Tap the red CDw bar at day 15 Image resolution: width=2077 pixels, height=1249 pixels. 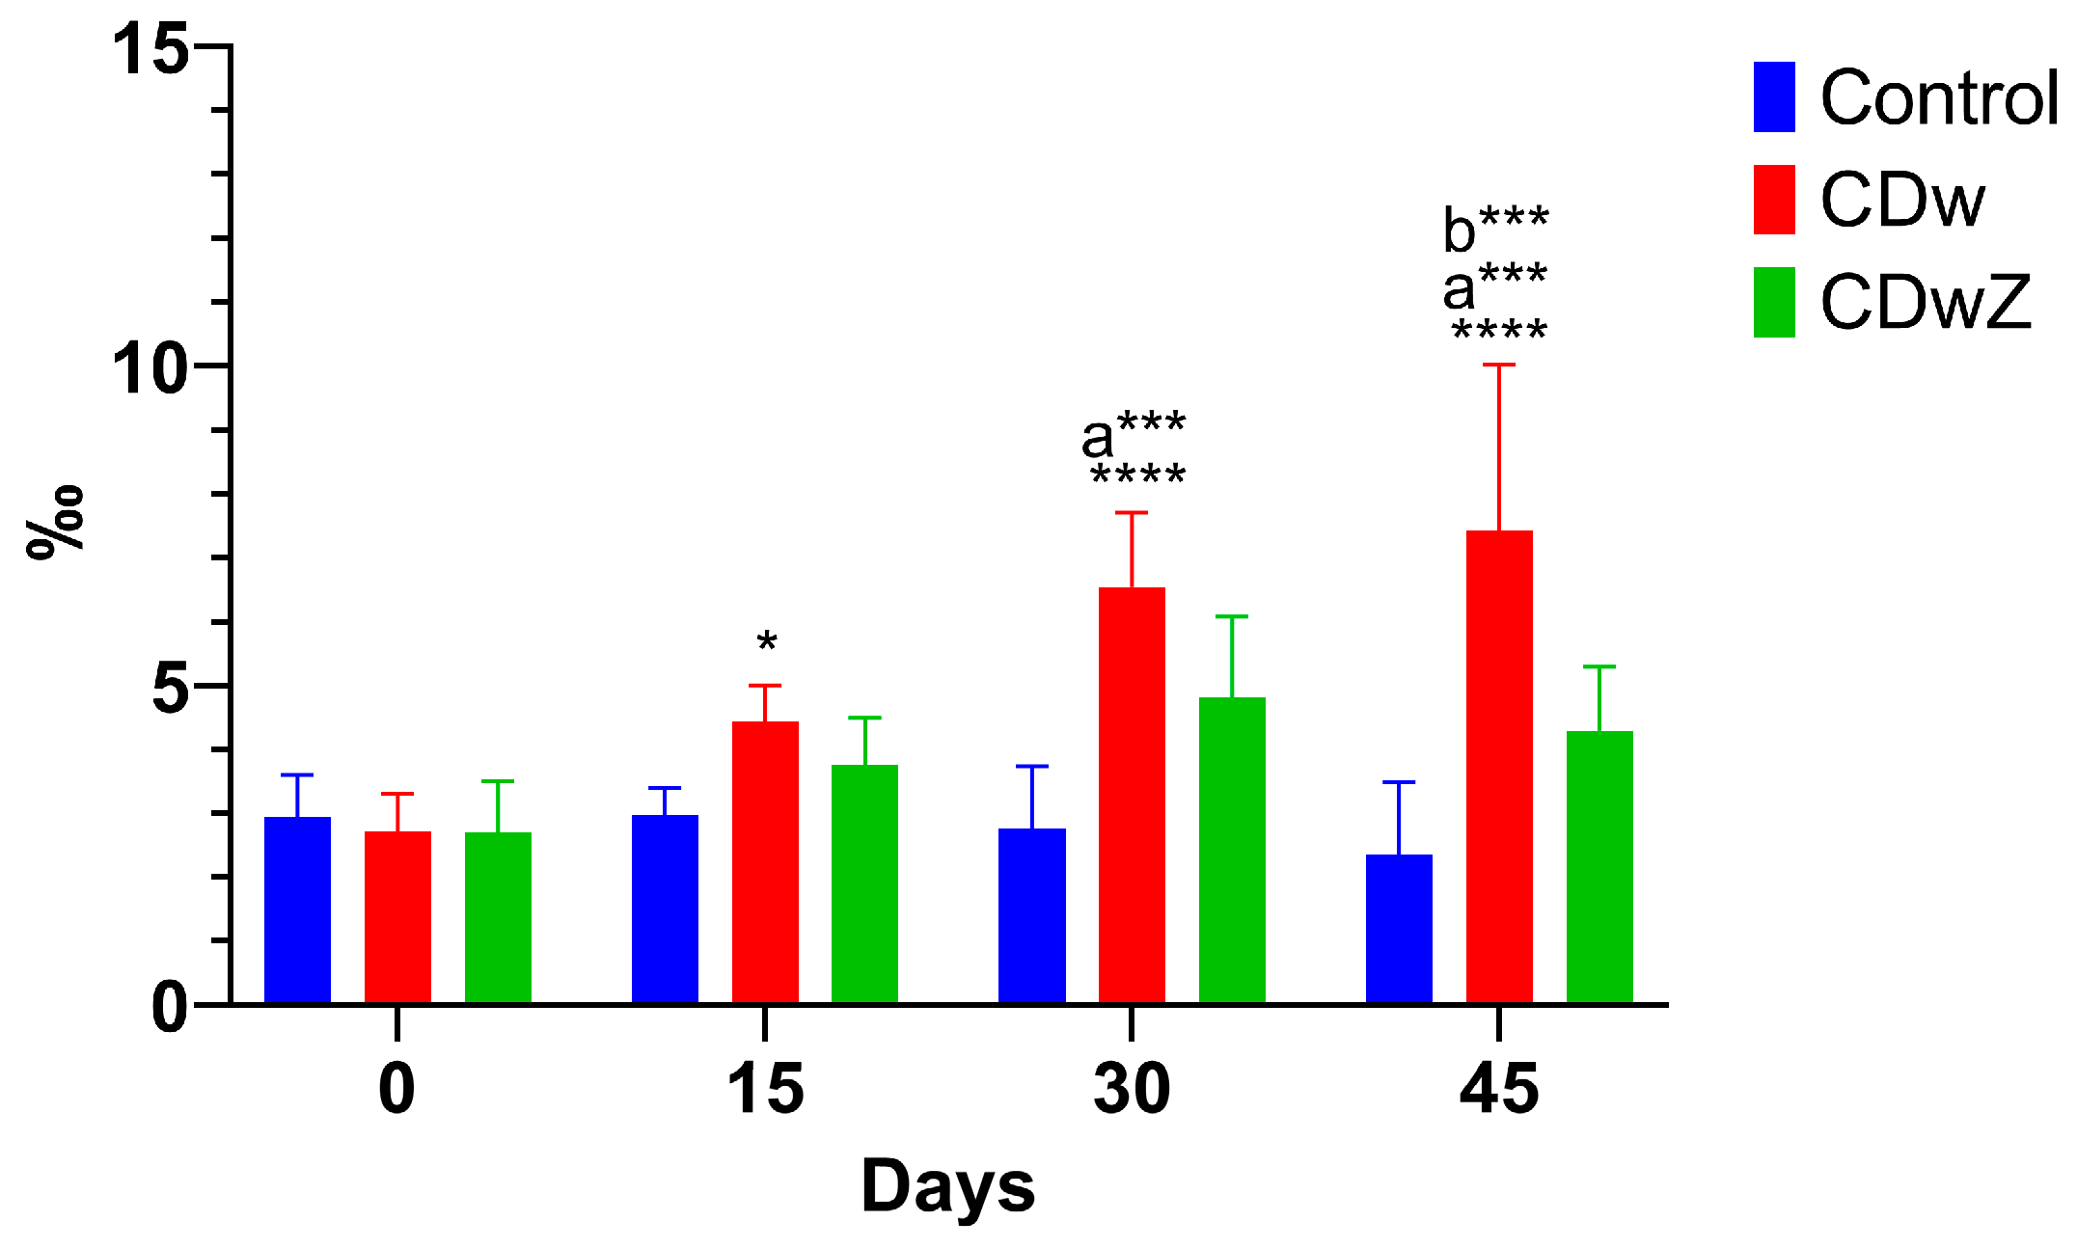click(x=765, y=862)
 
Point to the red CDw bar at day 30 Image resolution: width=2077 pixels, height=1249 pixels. click(x=1132, y=795)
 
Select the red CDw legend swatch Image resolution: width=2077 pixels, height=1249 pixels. click(x=1773, y=200)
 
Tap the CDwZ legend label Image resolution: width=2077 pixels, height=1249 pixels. click(x=1926, y=303)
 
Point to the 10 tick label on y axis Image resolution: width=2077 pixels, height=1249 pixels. click(x=150, y=367)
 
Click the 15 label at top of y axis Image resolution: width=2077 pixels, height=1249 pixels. click(x=150, y=48)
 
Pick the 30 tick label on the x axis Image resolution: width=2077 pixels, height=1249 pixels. click(x=1132, y=1089)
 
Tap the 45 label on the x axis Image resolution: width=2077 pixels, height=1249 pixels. click(x=1498, y=1089)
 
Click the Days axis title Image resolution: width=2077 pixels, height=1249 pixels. click(x=947, y=1186)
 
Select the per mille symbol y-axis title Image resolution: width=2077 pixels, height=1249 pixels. click(x=55, y=522)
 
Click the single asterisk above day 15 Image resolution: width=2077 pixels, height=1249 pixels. click(x=767, y=641)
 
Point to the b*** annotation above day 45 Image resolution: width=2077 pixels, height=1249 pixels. click(x=1495, y=229)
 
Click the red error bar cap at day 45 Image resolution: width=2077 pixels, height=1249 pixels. click(x=1499, y=365)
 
